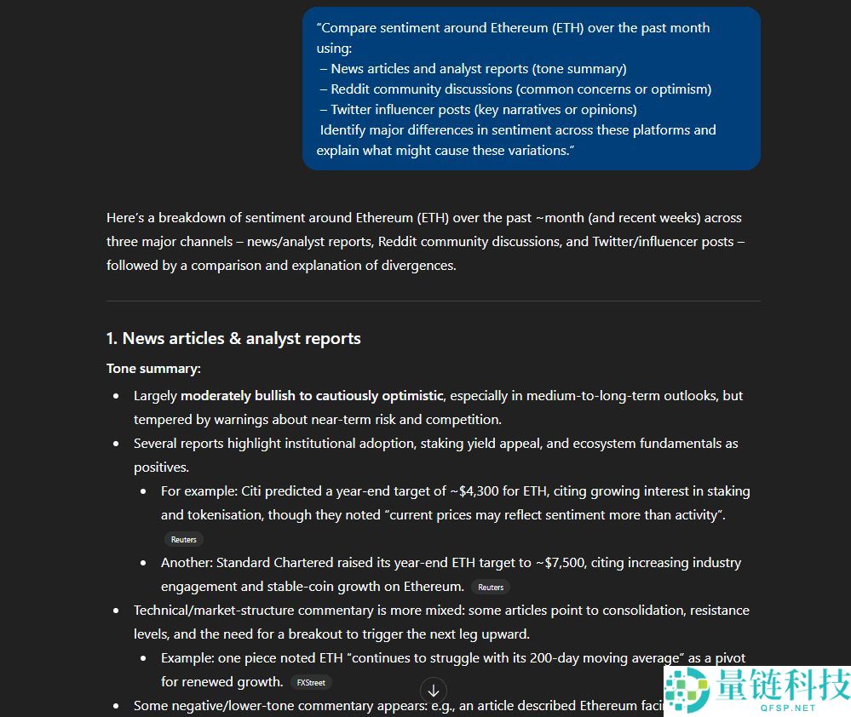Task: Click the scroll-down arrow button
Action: (433, 691)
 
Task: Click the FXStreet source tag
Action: (311, 682)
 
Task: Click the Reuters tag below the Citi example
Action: (183, 539)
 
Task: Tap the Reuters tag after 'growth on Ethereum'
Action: (491, 587)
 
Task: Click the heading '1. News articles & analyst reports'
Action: (233, 338)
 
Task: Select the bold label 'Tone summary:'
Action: (153, 369)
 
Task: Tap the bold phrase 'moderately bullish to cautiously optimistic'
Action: (312, 395)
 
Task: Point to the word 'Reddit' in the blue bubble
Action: (350, 89)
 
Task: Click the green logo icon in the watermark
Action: (689, 689)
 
